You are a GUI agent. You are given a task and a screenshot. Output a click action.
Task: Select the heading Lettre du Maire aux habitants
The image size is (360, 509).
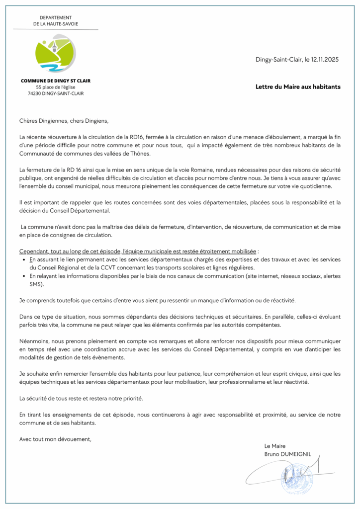coord(298,86)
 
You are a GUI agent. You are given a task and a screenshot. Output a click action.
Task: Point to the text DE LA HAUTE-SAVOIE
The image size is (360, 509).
coord(56,24)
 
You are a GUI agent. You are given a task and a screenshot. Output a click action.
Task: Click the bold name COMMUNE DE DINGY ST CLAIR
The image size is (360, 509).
coord(56,81)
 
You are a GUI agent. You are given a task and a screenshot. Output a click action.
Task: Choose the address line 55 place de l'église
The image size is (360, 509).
coord(56,87)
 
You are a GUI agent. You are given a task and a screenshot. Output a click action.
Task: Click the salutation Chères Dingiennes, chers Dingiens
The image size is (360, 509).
coord(63,121)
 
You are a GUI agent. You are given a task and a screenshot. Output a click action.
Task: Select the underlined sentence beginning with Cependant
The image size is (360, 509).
coord(137,252)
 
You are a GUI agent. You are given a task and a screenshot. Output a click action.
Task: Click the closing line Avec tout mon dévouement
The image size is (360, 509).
coord(55,439)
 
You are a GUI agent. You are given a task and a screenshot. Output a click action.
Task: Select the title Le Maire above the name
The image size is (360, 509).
coord(275,446)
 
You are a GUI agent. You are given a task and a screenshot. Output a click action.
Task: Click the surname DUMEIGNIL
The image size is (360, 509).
coord(297,454)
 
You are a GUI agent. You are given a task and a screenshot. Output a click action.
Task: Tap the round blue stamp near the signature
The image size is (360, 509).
coord(297,480)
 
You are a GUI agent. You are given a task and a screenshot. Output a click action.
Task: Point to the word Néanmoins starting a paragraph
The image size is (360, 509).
coord(35,341)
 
